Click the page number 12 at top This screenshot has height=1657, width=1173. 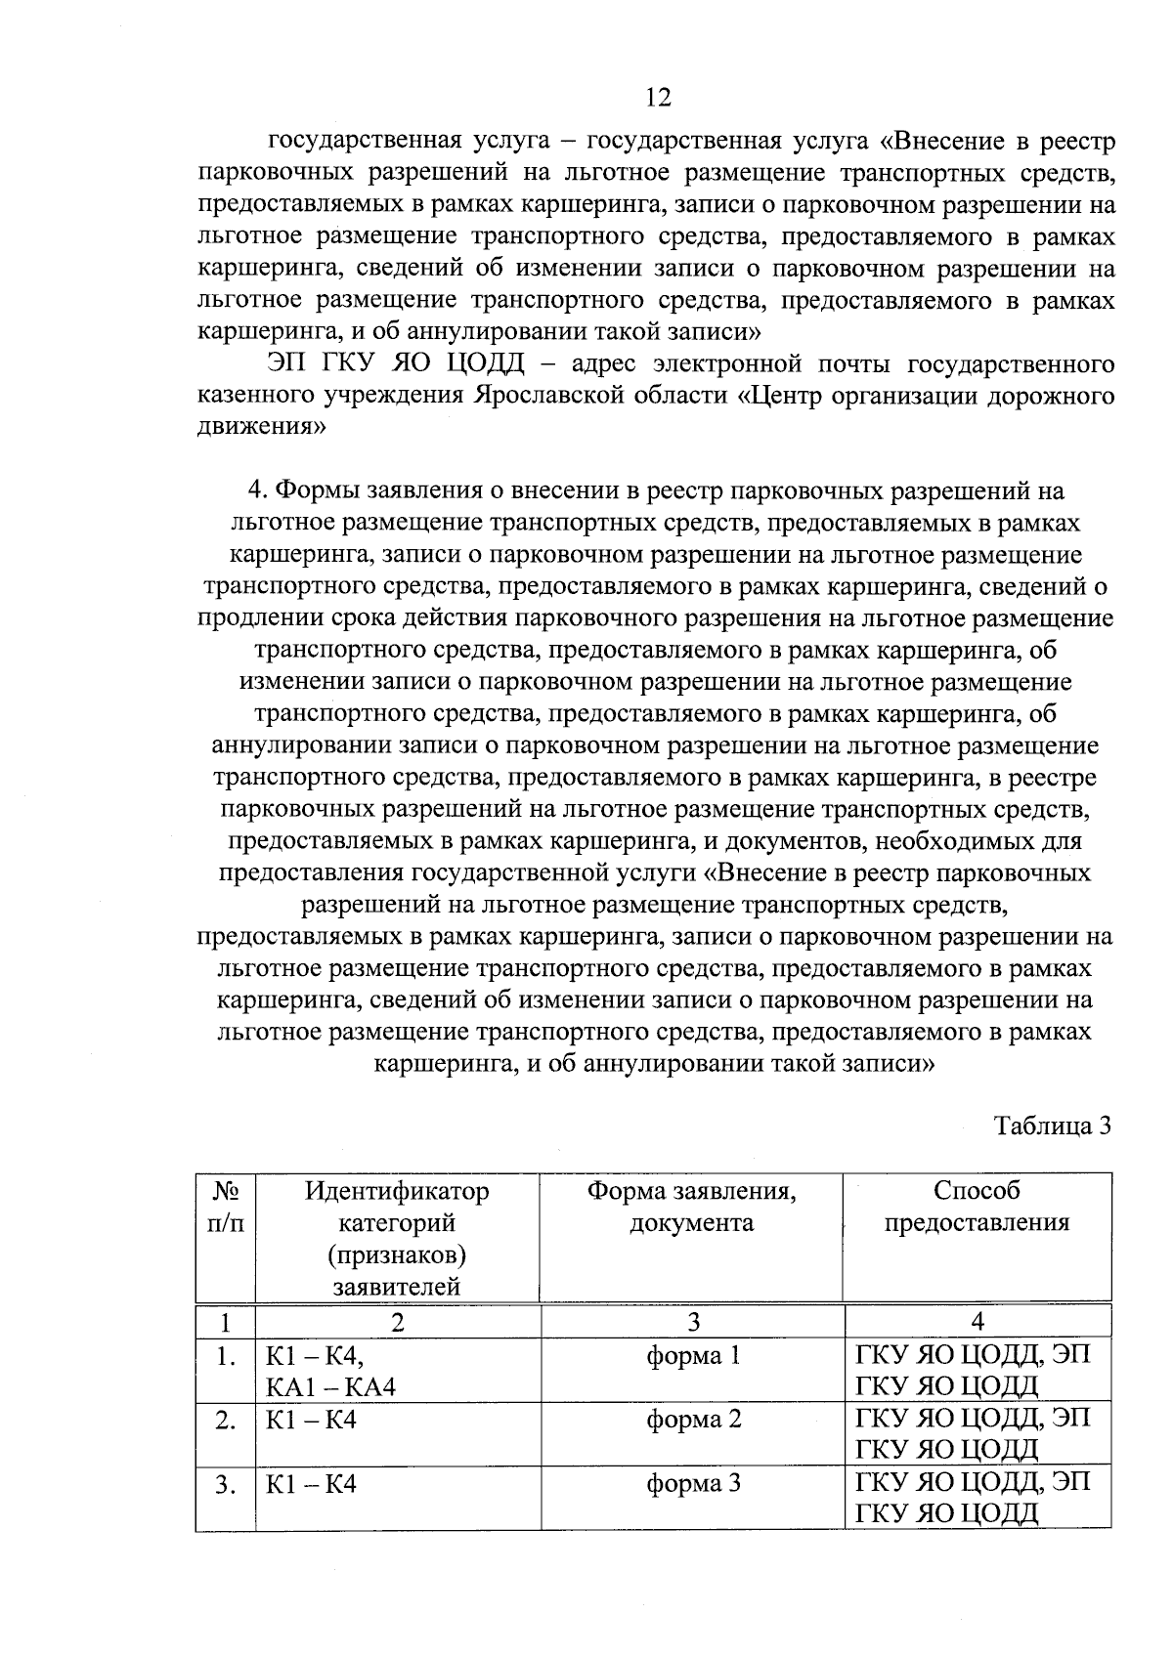tap(658, 97)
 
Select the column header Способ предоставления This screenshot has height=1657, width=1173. tap(977, 1207)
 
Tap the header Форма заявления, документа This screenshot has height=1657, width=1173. tap(692, 1207)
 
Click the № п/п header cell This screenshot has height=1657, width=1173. tap(226, 1207)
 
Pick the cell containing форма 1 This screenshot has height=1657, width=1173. tap(693, 1356)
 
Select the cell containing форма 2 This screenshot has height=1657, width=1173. tap(693, 1420)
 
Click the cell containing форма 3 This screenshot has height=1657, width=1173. tap(693, 1484)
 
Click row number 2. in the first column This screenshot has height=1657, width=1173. tap(226, 1421)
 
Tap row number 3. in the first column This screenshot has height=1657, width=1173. tap(226, 1485)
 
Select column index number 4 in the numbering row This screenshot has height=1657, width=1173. tap(977, 1323)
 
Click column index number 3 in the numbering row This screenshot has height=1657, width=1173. tap(693, 1323)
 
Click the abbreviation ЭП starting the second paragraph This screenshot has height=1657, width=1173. tap(290, 365)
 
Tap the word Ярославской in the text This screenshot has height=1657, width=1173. tap(542, 397)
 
